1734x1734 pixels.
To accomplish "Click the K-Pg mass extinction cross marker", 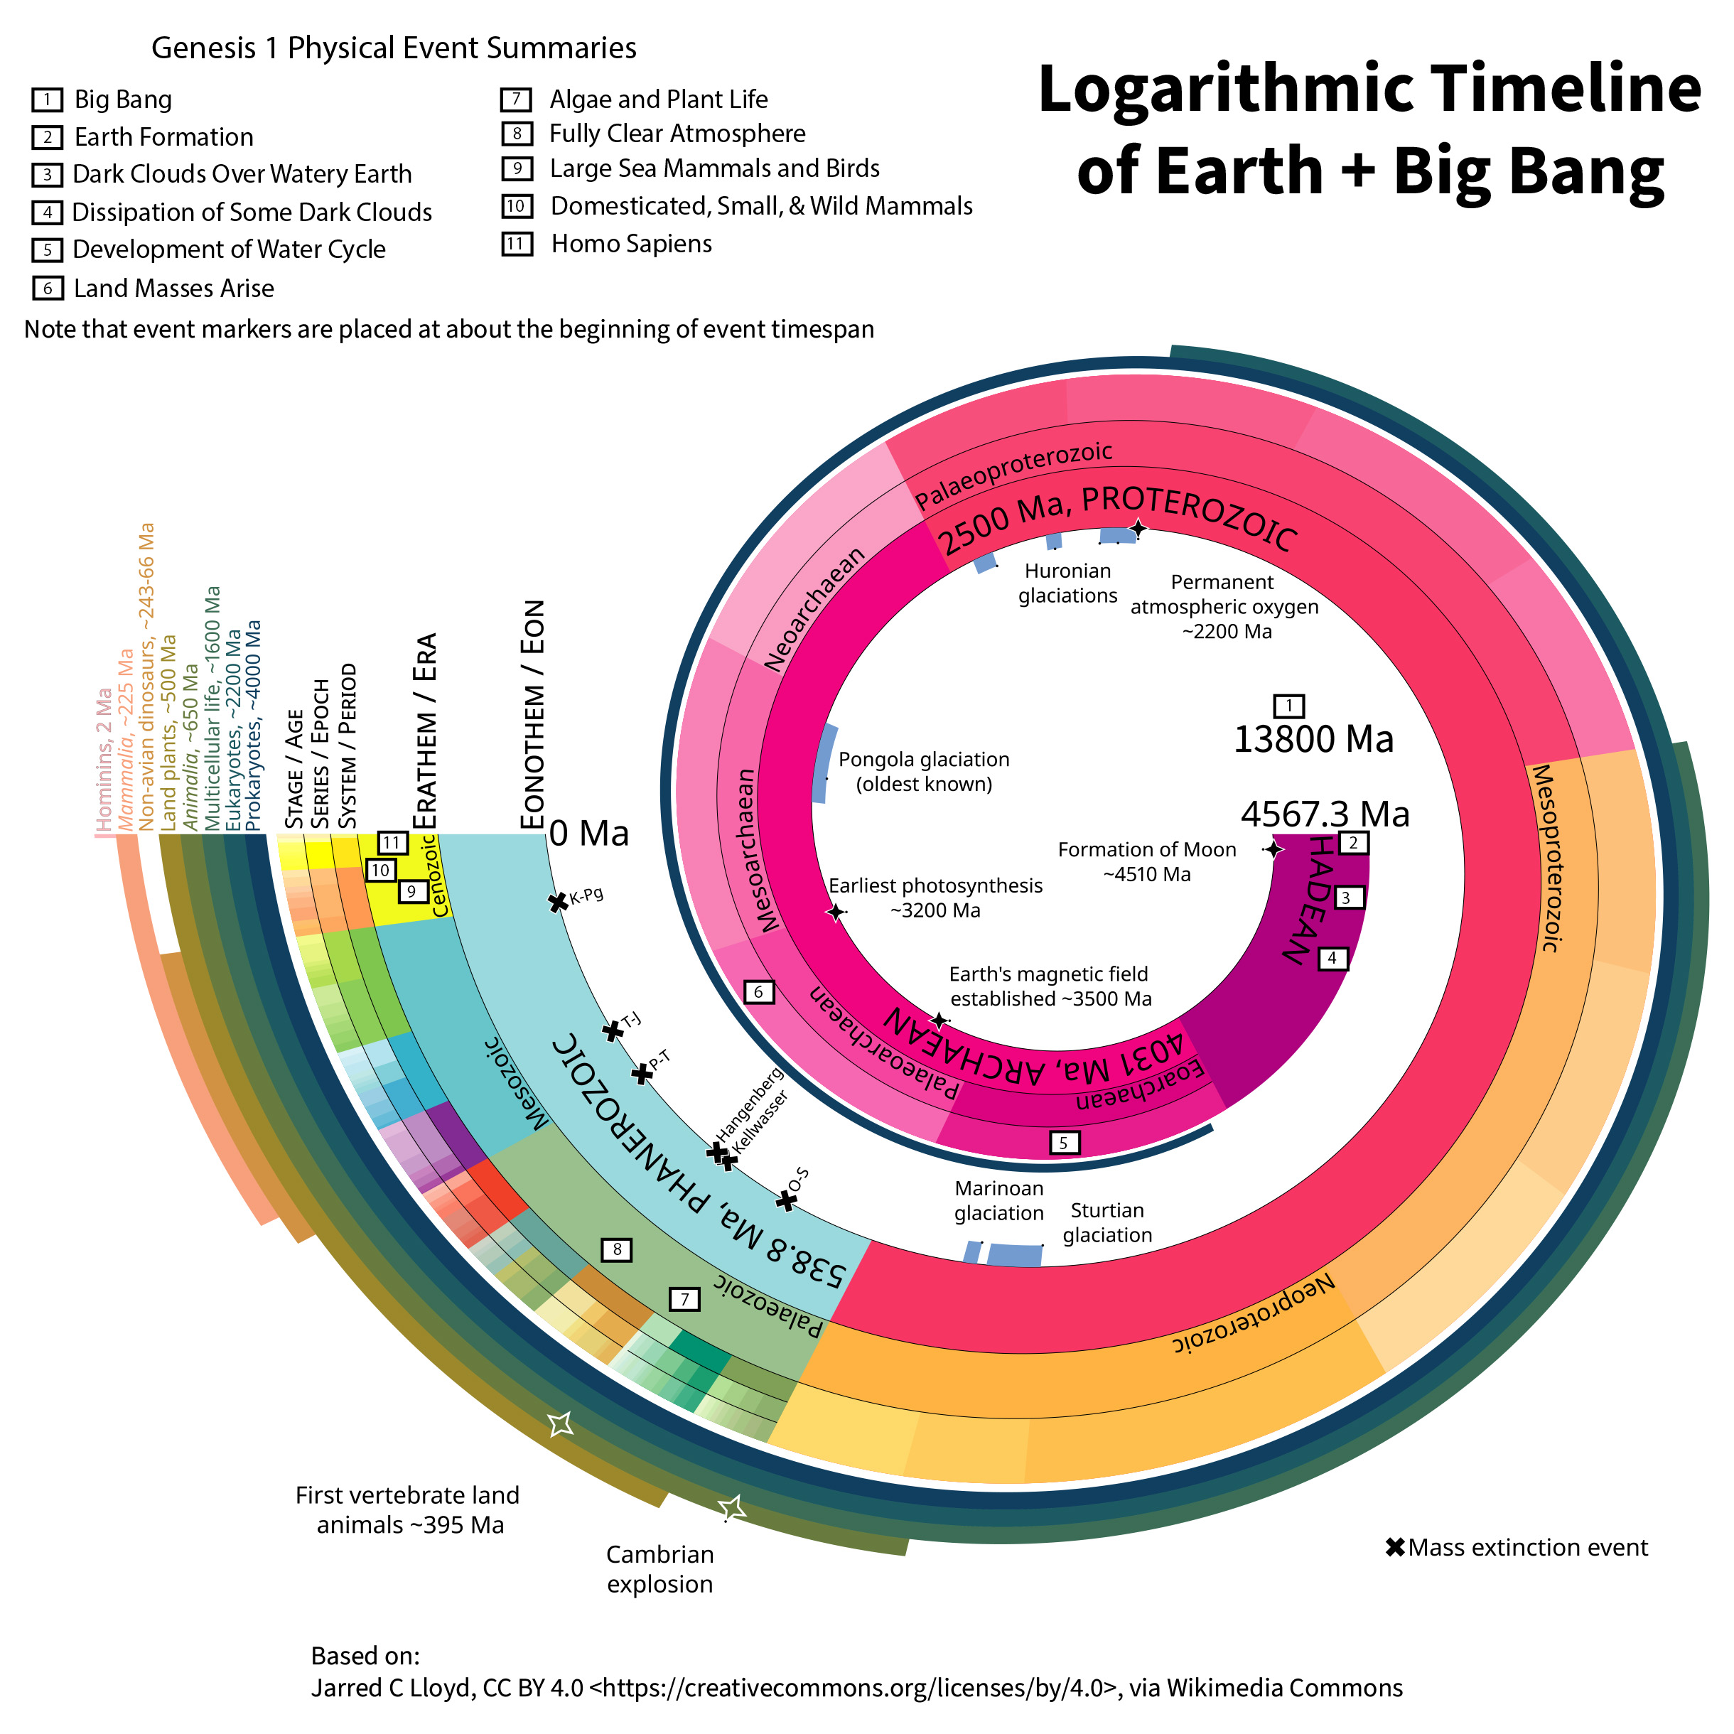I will (x=557, y=902).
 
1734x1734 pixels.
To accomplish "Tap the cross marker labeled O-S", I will (x=786, y=1201).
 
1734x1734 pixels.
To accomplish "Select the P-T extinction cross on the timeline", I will (x=641, y=1073).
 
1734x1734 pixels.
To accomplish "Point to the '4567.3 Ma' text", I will (x=1325, y=814).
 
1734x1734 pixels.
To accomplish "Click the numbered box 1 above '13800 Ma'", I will (x=1289, y=706).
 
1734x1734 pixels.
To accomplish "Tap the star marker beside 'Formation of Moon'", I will (x=1273, y=848).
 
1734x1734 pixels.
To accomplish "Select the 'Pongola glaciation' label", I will (x=924, y=772).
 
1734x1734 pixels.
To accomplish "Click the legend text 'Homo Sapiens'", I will (x=631, y=244).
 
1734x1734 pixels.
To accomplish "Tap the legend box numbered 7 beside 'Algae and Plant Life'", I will (x=516, y=99).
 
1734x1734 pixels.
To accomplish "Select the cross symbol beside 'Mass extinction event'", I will (x=1395, y=1547).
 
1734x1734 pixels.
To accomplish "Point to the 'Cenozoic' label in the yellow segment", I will (x=440, y=875).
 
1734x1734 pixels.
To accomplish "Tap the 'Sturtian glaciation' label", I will (x=1106, y=1222).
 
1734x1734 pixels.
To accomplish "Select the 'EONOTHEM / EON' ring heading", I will (x=533, y=713).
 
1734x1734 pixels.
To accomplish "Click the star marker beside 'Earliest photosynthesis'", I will (x=836, y=912).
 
